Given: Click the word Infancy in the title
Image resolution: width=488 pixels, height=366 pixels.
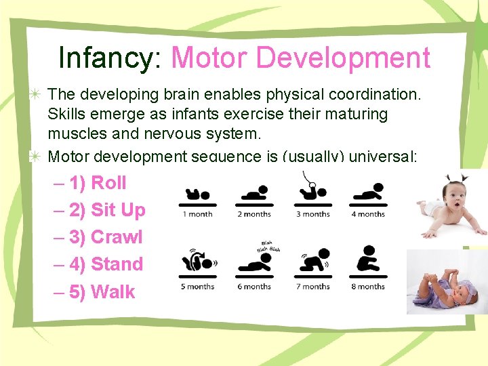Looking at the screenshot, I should point(107,58).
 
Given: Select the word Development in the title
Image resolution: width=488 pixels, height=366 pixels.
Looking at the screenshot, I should point(348,58).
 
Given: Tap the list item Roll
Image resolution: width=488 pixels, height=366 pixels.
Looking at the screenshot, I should point(108,183).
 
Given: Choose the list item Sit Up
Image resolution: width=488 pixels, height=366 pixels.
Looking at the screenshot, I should point(118,210).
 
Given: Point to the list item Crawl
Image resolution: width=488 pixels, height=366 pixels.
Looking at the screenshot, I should point(117,237).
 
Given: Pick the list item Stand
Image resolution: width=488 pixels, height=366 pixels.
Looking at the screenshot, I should point(117,264).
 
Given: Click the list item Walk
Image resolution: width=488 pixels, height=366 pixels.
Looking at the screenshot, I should point(113,292).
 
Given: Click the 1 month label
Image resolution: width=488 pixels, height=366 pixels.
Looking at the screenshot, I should point(197,214).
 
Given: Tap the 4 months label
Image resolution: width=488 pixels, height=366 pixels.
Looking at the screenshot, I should point(368,214).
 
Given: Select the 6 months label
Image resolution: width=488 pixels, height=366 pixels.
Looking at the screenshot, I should point(254,287).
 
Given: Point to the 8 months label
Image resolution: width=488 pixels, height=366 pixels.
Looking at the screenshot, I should point(368,287).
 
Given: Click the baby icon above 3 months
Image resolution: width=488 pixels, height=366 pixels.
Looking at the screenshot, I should point(312,191).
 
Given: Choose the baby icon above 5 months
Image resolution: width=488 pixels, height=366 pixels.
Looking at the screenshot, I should point(197,261).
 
